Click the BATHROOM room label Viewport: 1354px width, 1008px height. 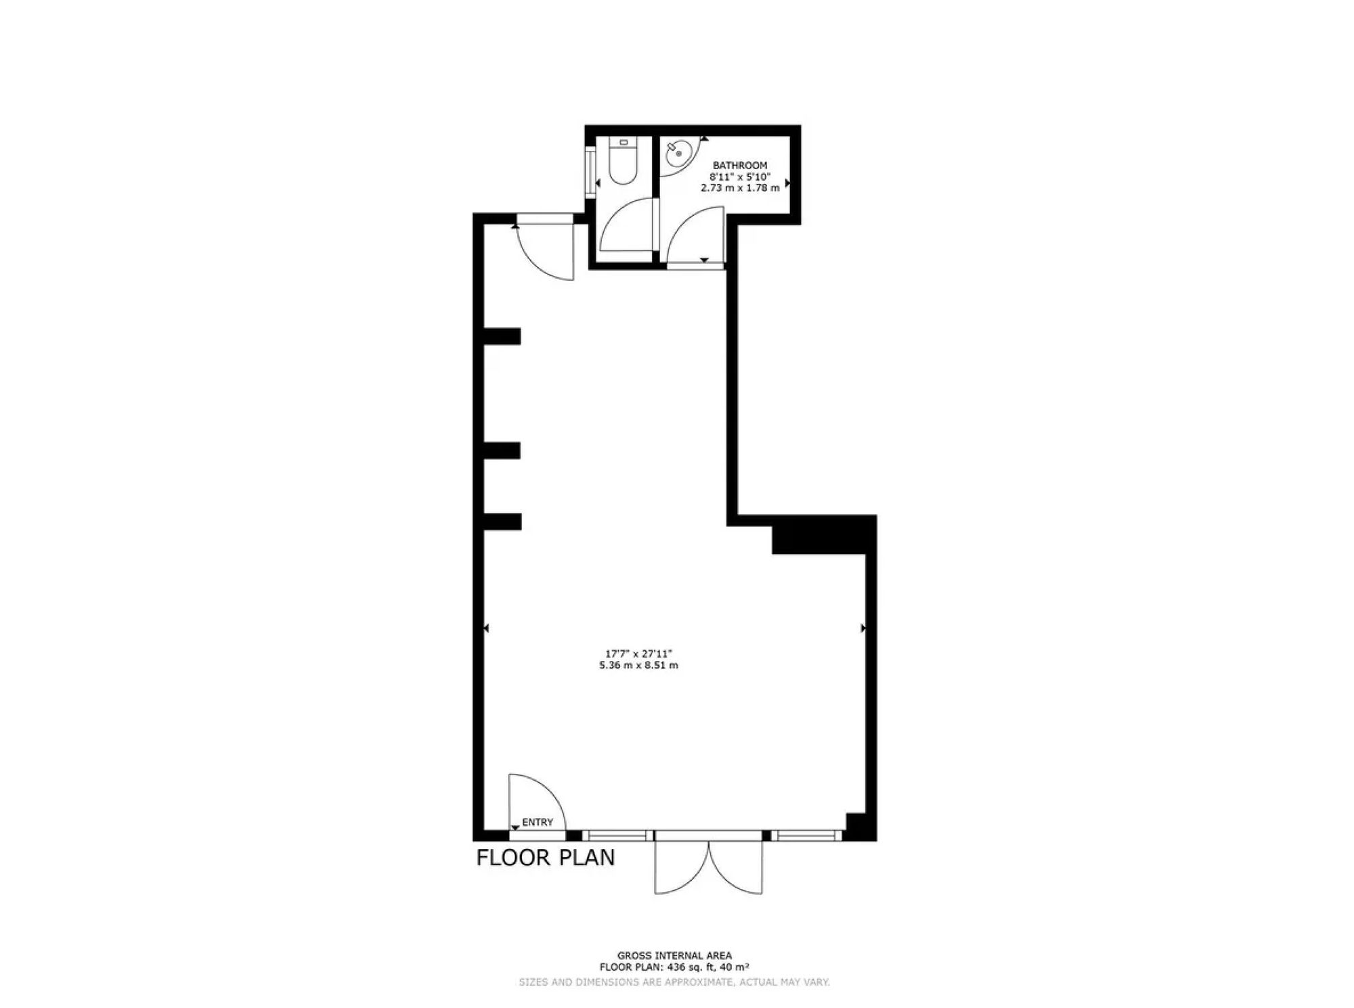point(740,165)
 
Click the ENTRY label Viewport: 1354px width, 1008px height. point(538,822)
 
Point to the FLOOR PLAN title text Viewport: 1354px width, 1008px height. point(546,858)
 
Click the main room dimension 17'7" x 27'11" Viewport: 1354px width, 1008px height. point(638,654)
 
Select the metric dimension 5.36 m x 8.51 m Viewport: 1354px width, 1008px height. point(638,665)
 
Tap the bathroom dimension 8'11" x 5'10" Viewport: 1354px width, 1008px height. point(740,176)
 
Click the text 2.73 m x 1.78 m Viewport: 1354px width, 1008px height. point(740,187)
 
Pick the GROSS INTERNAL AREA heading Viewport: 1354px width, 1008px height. point(674,956)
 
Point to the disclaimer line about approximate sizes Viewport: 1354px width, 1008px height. point(674,982)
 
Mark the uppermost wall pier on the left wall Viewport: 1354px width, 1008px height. point(502,336)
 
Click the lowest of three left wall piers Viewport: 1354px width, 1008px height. point(502,522)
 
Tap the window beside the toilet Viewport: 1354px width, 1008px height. point(591,173)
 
